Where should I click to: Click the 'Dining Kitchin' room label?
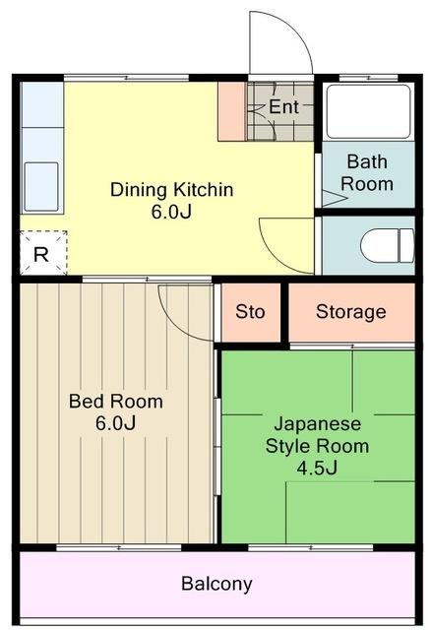click(x=171, y=189)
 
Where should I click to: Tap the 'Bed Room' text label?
click(x=115, y=402)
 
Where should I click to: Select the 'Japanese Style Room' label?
click(x=318, y=434)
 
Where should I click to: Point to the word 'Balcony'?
click(x=216, y=583)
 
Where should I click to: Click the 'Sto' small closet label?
click(x=250, y=312)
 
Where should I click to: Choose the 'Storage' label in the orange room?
click(x=350, y=312)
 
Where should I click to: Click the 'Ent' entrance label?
click(x=283, y=105)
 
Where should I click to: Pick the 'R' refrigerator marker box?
click(x=41, y=254)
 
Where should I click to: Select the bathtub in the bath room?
click(x=368, y=112)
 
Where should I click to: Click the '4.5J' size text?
click(x=318, y=467)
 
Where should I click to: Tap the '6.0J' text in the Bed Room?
click(x=115, y=423)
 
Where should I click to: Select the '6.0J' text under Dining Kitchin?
click(x=171, y=212)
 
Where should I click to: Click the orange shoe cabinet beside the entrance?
click(x=231, y=109)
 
